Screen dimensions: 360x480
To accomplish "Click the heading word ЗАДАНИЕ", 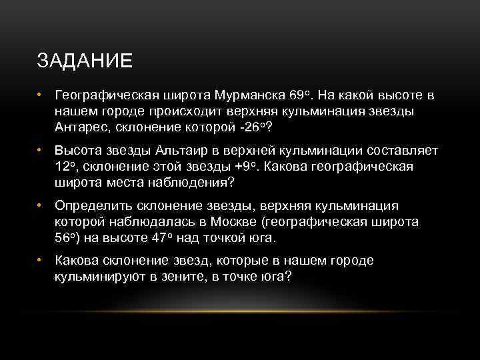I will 85,61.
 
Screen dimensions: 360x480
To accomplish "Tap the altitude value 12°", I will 65,167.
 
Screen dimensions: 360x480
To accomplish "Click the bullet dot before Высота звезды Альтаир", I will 41,151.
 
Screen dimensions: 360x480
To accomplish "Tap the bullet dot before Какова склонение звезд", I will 41,260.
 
